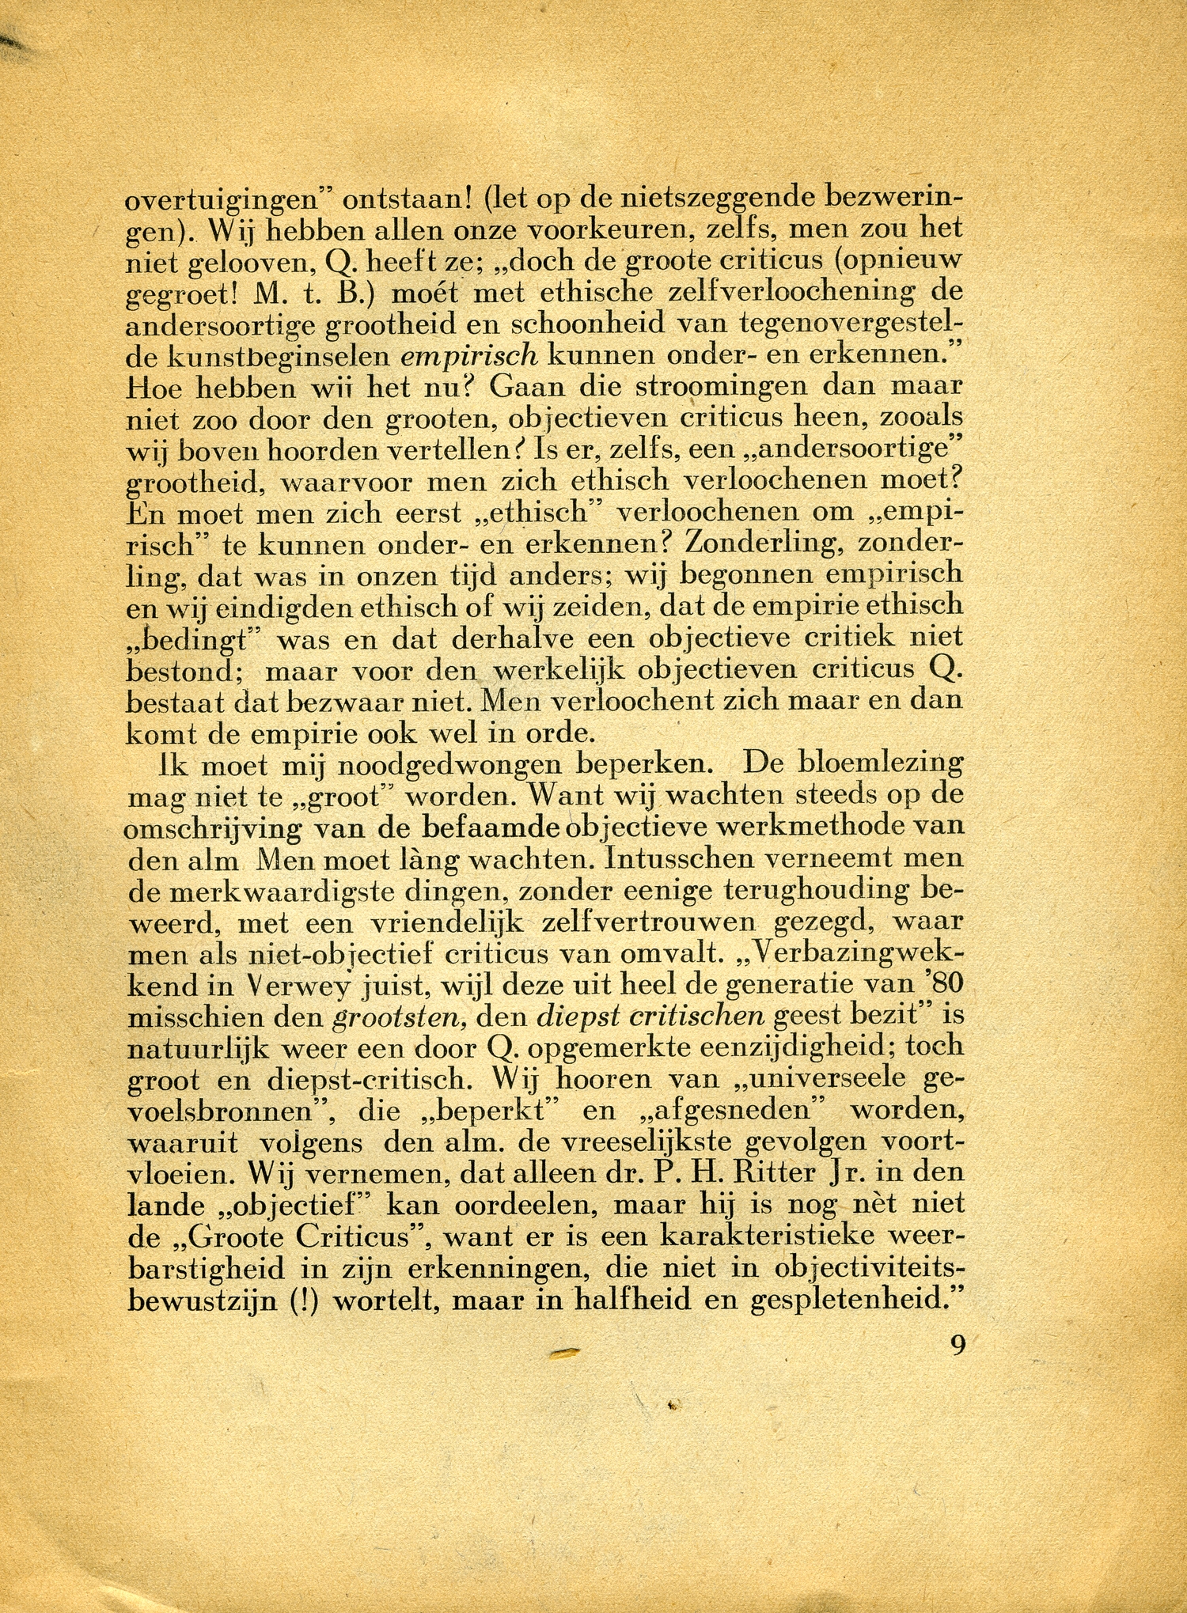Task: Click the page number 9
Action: pyautogui.click(x=958, y=1345)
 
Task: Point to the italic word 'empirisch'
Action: pyautogui.click(x=469, y=355)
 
